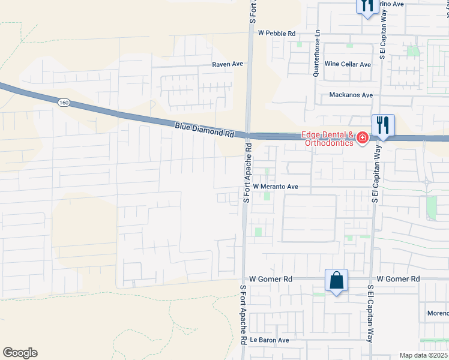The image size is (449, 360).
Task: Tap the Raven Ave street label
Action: tap(227, 64)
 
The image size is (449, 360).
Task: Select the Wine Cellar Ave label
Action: tap(348, 64)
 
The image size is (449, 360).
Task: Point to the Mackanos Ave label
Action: tap(351, 95)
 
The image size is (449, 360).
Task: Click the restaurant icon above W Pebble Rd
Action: tap(367, 6)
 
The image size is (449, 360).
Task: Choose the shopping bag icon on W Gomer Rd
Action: tap(336, 280)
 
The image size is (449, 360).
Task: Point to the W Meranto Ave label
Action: tap(276, 187)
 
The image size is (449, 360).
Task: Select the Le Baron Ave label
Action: tap(270, 340)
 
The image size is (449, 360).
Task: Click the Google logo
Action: tap(20, 353)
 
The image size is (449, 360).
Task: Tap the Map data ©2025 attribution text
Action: tap(423, 355)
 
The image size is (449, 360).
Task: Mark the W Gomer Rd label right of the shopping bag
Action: tap(398, 279)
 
